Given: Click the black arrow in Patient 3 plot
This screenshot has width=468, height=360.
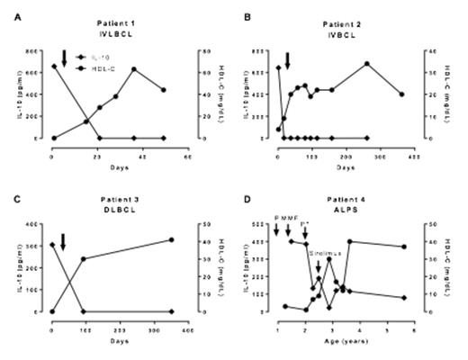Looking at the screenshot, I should [63, 242].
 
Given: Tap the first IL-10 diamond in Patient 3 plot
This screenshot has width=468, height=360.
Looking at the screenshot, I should [51, 244].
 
